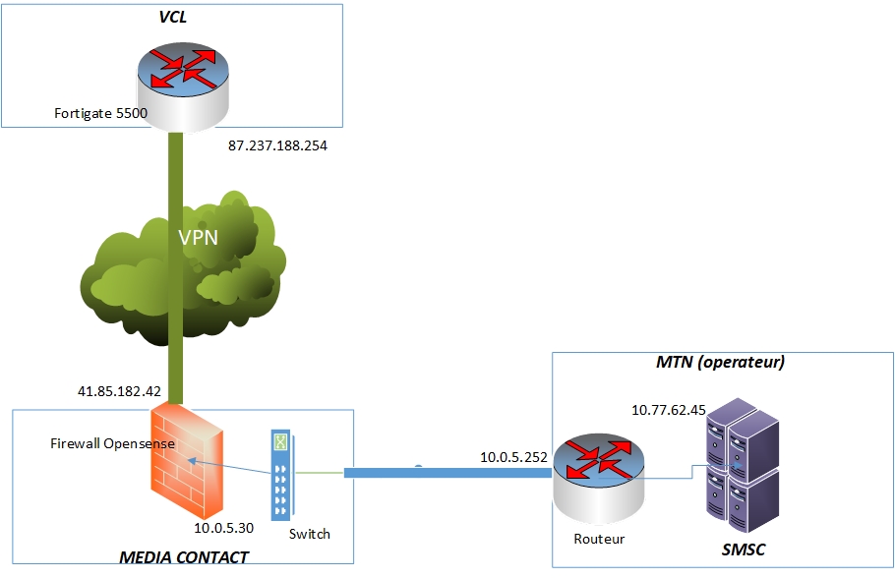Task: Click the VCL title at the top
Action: point(173,18)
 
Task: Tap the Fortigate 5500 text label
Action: point(100,113)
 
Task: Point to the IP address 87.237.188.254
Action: point(277,145)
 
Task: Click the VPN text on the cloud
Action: point(199,237)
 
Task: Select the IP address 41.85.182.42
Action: point(119,390)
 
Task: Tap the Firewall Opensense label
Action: point(112,443)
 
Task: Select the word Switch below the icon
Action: point(310,534)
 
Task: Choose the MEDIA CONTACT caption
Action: point(184,557)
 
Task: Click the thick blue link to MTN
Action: point(447,473)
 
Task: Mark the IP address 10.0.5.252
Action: point(512,456)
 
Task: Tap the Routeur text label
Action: point(599,539)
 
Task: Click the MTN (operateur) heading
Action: point(720,362)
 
